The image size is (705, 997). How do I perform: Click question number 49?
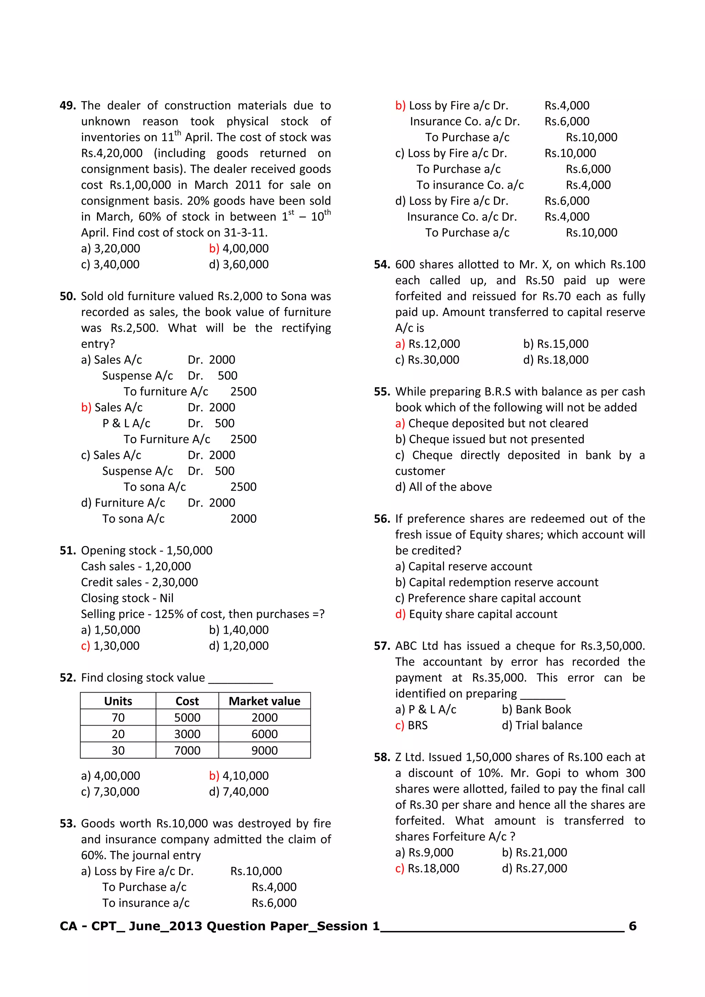(68, 106)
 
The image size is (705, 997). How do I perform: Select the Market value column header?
(264, 701)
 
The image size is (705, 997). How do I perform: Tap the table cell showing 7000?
(187, 750)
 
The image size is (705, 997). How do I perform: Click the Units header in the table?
(118, 701)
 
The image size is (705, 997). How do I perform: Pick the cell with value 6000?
(264, 734)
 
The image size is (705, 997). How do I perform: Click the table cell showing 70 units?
(118, 717)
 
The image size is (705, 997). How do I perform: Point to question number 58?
(382, 757)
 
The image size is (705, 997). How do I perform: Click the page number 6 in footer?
(632, 926)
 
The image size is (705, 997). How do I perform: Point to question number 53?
(68, 823)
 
